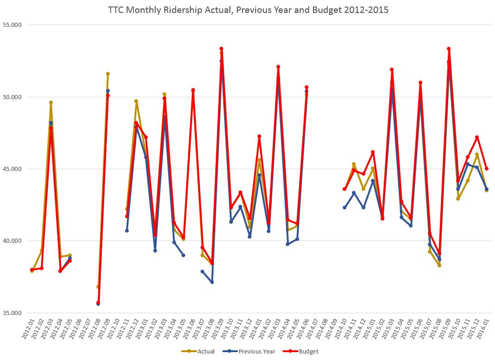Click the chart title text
[x=248, y=9]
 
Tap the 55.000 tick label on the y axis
[x=13, y=25]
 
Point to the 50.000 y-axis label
[x=13, y=97]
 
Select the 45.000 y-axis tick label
[x=13, y=169]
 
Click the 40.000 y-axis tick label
[x=13, y=241]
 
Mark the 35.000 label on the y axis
[x=13, y=313]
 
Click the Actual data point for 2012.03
[x=51, y=102]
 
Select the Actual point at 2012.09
[x=108, y=74]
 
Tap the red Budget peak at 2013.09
[x=221, y=49]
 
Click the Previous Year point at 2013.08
[x=212, y=282]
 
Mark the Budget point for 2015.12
[x=477, y=137]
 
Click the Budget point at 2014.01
[x=259, y=136]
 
